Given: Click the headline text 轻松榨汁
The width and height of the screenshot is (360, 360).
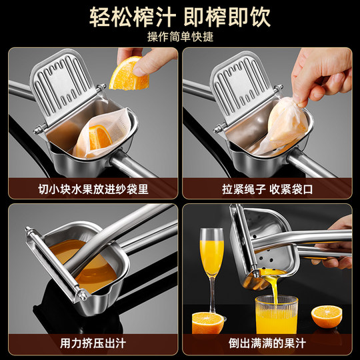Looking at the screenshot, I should click(127, 17).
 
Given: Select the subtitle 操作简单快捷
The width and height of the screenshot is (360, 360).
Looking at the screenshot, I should click(179, 37).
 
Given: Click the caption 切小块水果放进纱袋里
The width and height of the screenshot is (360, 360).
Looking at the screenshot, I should click(93, 189).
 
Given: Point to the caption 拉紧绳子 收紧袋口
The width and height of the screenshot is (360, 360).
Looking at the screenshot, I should click(267, 189).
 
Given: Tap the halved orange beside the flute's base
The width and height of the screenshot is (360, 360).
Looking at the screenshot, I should click(208, 323).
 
